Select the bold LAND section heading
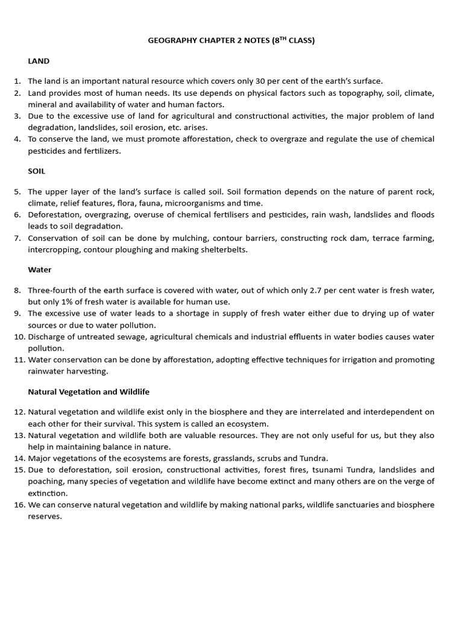[x=39, y=61]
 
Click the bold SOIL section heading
[x=37, y=171]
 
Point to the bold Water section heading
[x=40, y=270]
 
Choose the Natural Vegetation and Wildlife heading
[x=89, y=392]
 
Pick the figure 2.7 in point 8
[x=318, y=290]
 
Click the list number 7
[x=17, y=238]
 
